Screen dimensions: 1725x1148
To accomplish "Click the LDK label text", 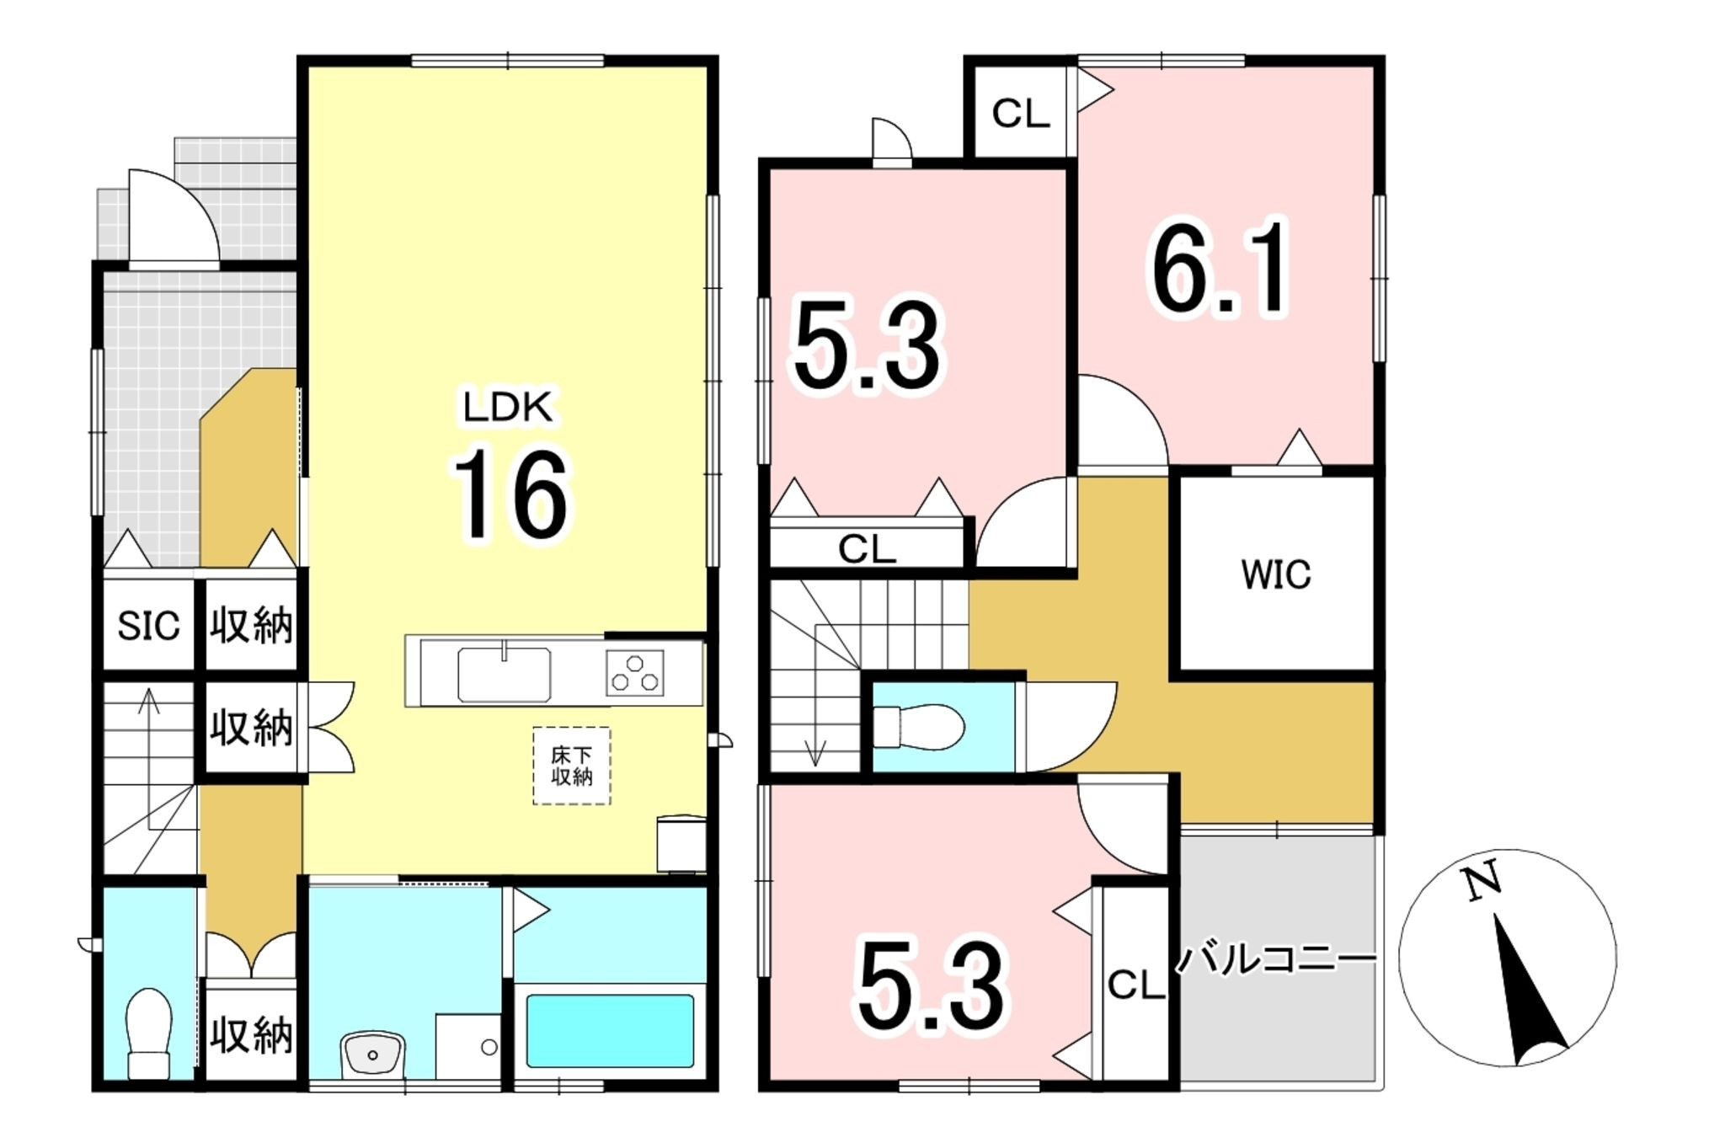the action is [x=508, y=407].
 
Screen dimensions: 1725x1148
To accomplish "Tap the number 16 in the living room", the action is [x=511, y=494].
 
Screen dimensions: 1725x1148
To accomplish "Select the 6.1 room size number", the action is [x=1220, y=267].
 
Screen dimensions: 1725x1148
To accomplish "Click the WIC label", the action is [x=1275, y=574].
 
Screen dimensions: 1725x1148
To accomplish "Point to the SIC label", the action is [x=148, y=626].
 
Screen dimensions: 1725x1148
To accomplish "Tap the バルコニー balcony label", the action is [x=1275, y=959].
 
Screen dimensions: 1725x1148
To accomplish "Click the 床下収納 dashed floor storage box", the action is [x=572, y=766].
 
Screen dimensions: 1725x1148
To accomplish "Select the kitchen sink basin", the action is [x=504, y=674].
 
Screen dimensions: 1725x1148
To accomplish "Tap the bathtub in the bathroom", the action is [x=610, y=1031].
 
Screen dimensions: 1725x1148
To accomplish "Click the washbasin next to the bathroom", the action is [x=372, y=1054].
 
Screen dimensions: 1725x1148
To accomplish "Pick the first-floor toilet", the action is [x=148, y=1033].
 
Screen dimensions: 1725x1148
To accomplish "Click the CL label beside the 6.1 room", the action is [x=1021, y=113].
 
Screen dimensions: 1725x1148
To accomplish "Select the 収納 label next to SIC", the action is [x=251, y=626].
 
